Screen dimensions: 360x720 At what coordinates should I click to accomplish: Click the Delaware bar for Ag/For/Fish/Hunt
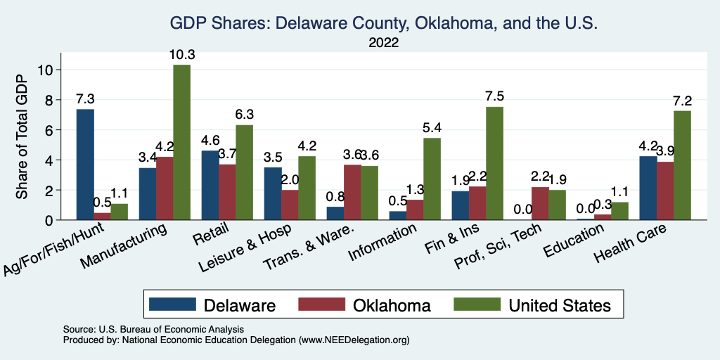(85, 165)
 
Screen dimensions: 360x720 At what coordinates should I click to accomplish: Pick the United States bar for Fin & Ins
(495, 163)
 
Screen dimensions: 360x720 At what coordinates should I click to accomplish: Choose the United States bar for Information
(432, 179)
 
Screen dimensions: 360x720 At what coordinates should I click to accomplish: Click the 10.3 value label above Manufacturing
(181, 55)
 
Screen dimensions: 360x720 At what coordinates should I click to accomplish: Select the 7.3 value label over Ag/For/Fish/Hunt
(85, 99)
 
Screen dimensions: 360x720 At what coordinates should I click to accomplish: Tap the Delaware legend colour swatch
(172, 304)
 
